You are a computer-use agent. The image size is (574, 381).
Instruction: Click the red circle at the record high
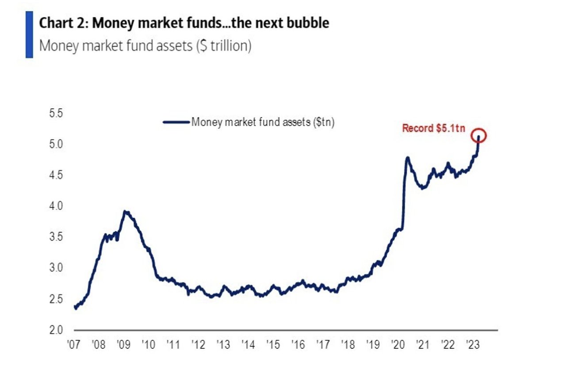click(478, 136)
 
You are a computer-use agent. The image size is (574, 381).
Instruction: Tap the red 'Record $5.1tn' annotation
click(433, 129)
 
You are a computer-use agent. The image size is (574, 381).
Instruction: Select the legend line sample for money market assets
click(176, 122)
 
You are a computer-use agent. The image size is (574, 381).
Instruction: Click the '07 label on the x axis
click(73, 345)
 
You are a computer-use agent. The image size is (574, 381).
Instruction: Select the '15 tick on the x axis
click(274, 345)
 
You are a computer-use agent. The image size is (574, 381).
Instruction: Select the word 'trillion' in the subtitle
click(227, 46)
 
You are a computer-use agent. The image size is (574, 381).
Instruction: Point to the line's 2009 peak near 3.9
click(126, 212)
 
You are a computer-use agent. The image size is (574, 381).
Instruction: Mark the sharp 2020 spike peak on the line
click(407, 157)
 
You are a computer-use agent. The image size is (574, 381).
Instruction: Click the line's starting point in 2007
click(75, 308)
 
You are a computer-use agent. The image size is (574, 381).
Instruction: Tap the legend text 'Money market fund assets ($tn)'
click(263, 122)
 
